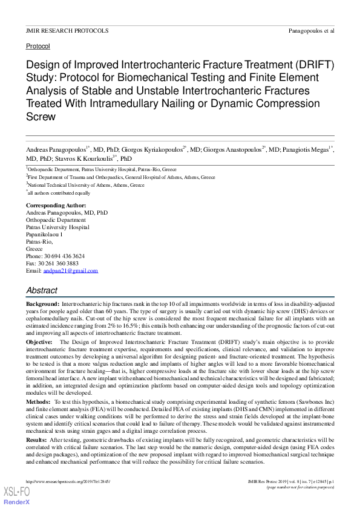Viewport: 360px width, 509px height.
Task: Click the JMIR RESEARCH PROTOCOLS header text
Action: [67, 30]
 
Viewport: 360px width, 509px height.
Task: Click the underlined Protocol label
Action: [38, 46]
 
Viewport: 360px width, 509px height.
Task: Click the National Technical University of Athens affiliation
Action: [87, 185]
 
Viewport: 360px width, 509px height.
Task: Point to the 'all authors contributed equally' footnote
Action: [59, 193]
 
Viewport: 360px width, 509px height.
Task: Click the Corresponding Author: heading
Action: [56, 206]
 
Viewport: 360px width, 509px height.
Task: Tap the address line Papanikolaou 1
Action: [45, 235]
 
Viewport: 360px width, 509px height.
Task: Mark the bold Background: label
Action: [42, 303]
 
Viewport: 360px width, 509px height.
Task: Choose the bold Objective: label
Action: [39, 342]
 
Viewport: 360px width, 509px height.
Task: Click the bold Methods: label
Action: [39, 401]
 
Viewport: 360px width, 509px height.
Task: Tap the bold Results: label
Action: [38, 439]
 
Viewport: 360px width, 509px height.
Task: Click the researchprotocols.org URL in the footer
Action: [59, 481]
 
